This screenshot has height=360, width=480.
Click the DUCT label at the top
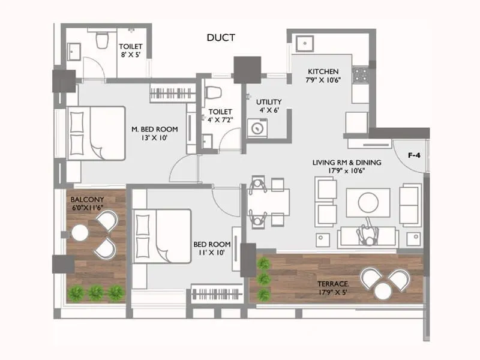click(220, 38)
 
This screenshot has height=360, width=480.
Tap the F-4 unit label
click(413, 155)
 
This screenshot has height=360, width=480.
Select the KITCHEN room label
click(324, 71)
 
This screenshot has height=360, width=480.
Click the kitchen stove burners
click(360, 75)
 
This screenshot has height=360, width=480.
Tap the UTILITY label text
click(268, 102)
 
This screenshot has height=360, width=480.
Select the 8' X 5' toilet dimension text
click(130, 55)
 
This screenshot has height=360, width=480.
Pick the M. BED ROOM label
click(154, 129)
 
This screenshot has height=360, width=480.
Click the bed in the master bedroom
click(95, 133)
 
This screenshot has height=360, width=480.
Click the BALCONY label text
click(88, 199)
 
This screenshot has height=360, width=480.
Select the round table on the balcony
click(80, 233)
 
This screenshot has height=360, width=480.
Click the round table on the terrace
click(382, 290)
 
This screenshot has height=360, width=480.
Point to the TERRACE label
click(333, 283)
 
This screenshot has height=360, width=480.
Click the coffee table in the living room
click(368, 202)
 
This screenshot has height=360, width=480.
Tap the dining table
click(269, 202)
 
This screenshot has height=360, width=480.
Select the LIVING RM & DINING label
click(347, 163)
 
